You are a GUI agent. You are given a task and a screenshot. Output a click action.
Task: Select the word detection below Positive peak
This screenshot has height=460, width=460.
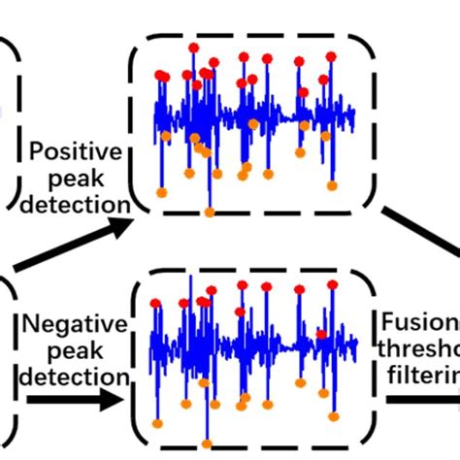point(79,205)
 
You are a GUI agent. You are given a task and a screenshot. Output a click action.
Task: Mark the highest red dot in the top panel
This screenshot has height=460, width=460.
point(194,47)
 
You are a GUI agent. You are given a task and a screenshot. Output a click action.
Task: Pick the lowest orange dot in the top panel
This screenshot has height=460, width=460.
point(209,212)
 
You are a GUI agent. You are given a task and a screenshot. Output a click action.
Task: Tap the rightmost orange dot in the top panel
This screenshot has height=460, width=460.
point(333,184)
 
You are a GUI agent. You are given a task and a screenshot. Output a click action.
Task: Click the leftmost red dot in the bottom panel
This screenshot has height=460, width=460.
point(155,304)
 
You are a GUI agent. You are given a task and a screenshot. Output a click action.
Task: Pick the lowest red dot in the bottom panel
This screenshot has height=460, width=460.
point(321,334)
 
